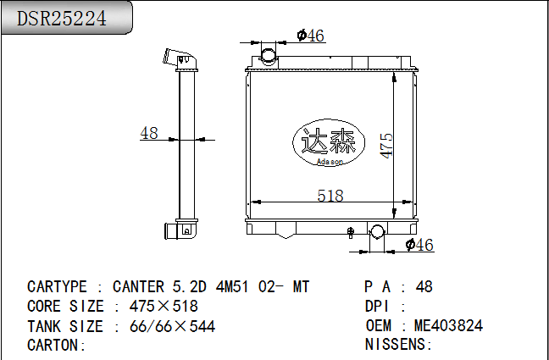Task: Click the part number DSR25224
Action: [62, 18]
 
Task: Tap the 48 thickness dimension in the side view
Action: [149, 133]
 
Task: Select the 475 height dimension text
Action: [386, 146]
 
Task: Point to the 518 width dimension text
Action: [330, 196]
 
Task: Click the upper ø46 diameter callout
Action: [311, 36]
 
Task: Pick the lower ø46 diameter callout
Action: [419, 245]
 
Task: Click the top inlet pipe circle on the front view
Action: [269, 56]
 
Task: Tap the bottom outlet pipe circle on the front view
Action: [377, 232]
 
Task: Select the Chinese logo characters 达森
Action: [329, 141]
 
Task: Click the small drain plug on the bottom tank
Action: [350, 232]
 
